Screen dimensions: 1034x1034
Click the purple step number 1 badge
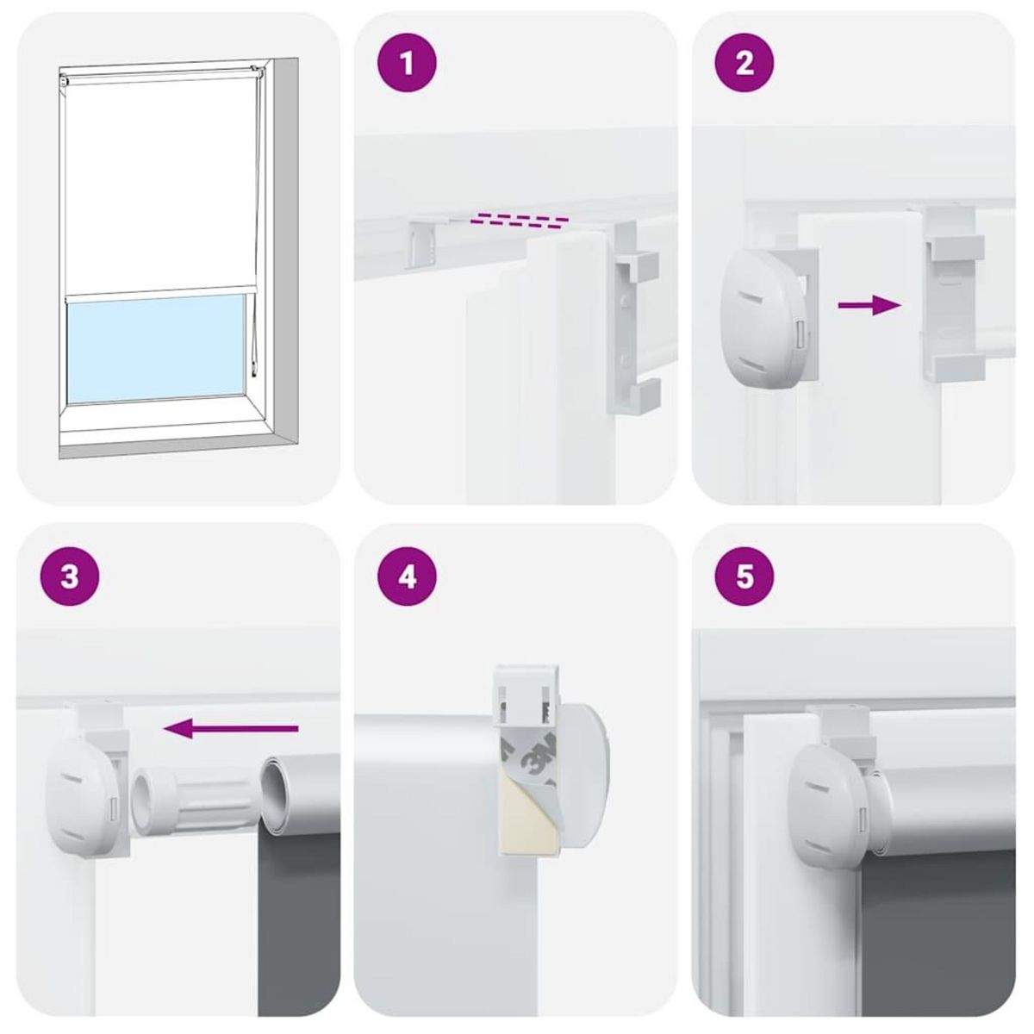pos(408,63)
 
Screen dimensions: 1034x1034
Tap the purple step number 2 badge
pos(744,63)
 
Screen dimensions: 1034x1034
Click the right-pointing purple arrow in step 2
pos(869,304)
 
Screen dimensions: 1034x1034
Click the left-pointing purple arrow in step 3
pos(230,730)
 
